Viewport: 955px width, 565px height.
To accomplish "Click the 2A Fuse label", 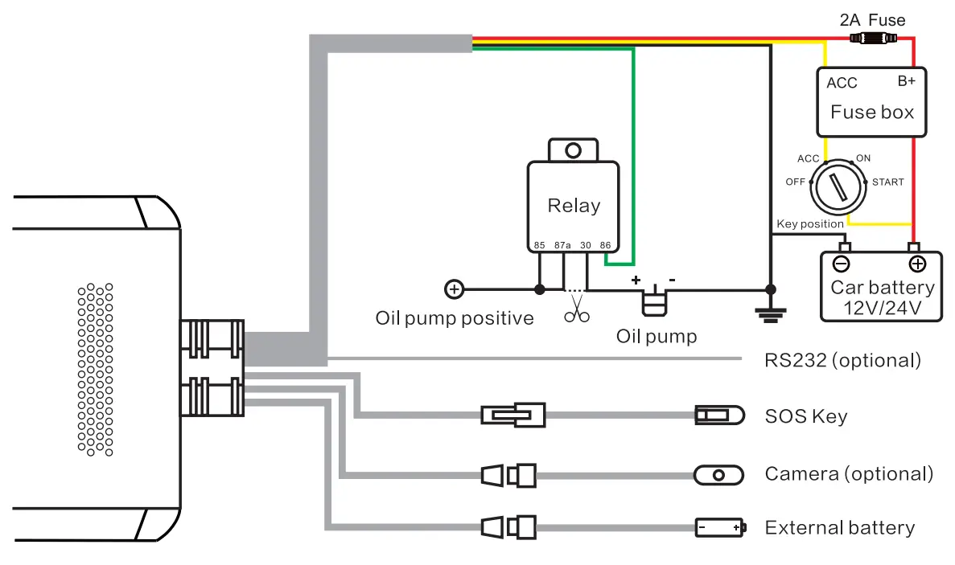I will click(x=872, y=20).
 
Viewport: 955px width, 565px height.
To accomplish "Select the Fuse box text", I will click(x=872, y=112).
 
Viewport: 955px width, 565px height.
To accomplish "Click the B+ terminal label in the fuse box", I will click(x=907, y=81).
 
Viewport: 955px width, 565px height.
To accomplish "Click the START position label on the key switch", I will click(x=887, y=182).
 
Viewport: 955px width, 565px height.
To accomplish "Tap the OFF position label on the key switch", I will click(x=795, y=182).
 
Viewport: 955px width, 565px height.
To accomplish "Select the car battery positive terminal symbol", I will click(x=916, y=264).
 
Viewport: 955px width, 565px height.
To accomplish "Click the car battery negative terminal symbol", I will click(x=841, y=264).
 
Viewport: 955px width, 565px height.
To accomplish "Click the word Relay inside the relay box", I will click(x=574, y=206).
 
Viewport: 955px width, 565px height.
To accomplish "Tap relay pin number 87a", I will click(x=562, y=245).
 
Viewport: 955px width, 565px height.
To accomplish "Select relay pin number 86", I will click(x=605, y=245).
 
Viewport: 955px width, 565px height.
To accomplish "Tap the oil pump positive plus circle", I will click(x=454, y=289).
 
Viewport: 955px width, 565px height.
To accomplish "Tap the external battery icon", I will click(x=720, y=527).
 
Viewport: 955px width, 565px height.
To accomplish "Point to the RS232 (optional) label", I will click(x=842, y=360).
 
